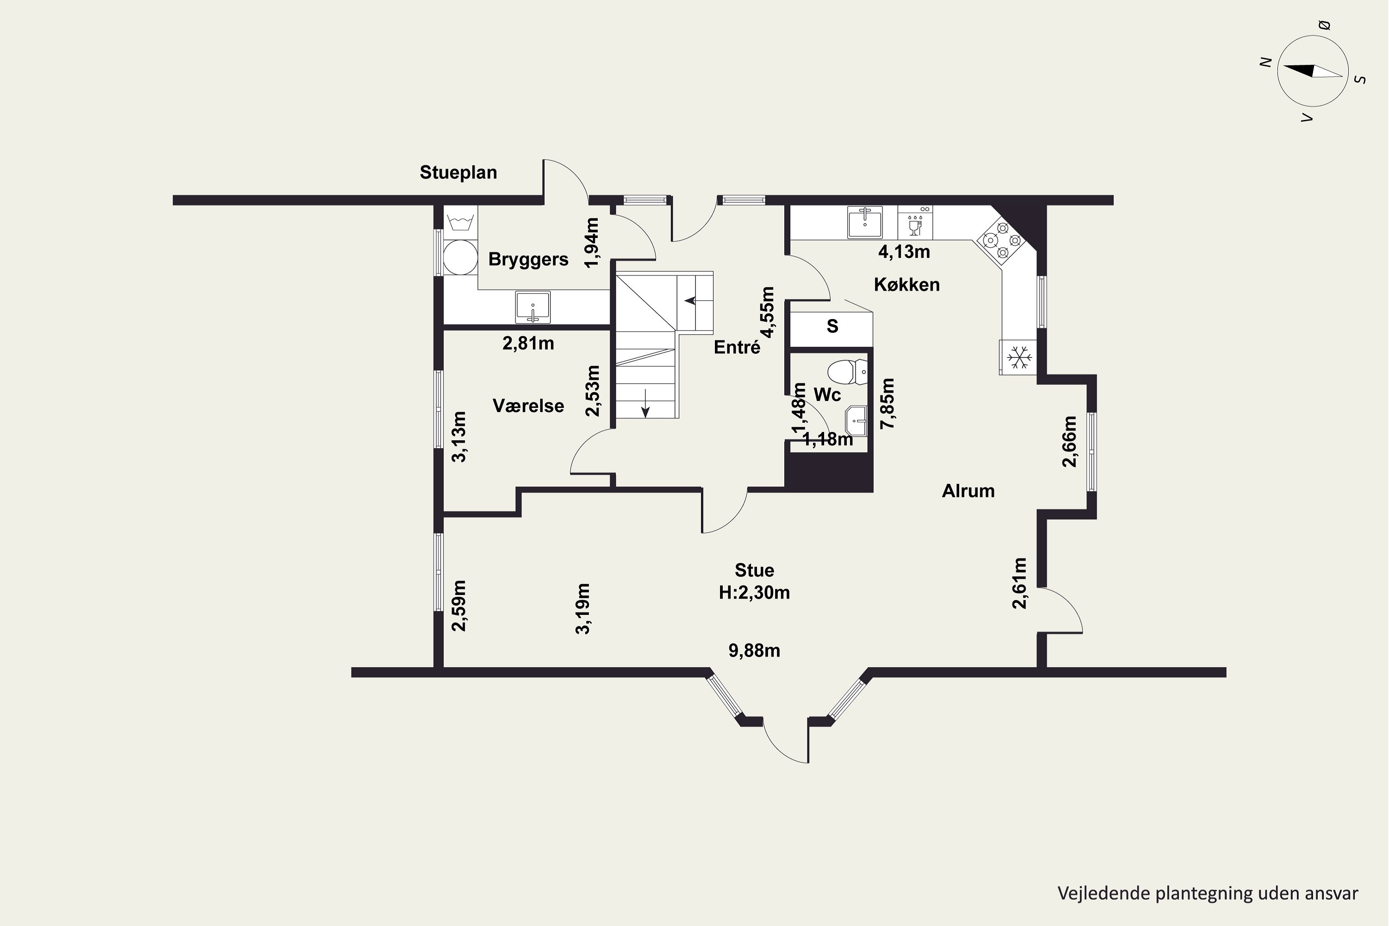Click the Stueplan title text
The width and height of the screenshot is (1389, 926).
(458, 172)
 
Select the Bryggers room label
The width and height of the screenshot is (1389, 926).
(528, 259)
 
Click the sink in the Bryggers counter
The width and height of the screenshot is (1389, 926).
(533, 307)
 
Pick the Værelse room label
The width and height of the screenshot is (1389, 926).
(528, 406)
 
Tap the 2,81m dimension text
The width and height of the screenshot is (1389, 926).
(528, 343)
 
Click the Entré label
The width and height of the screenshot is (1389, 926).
(737, 347)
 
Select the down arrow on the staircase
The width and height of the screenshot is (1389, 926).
(645, 403)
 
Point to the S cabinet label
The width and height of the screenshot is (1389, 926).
(832, 326)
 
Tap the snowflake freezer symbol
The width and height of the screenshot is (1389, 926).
(1019, 357)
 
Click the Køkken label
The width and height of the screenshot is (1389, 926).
(907, 285)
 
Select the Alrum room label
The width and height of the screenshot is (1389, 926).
(968, 491)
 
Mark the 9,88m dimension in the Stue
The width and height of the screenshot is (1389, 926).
(754, 651)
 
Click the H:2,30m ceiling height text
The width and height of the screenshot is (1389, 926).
(754, 592)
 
